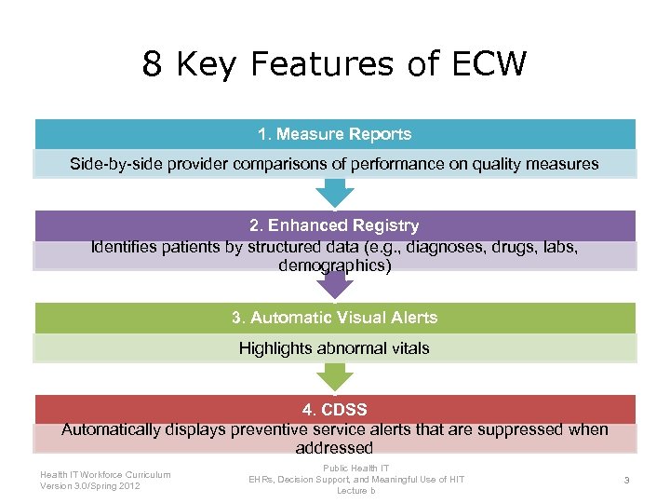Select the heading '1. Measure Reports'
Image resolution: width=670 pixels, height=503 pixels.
tap(334, 134)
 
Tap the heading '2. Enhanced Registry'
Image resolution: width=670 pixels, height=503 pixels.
tap(334, 225)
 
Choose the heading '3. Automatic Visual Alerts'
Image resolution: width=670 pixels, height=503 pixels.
tap(334, 318)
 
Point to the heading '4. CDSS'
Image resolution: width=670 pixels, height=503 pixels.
tap(334, 410)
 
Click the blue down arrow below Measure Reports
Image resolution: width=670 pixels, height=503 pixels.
tap(335, 192)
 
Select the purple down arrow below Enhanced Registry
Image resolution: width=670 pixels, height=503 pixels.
tap(335, 284)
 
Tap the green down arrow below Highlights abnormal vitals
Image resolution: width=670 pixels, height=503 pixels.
tap(335, 376)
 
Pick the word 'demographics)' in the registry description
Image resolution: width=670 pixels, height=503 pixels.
tap(335, 265)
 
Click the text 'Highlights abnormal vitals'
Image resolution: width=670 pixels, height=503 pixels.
tap(335, 348)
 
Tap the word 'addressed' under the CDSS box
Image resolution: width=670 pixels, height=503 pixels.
tap(334, 448)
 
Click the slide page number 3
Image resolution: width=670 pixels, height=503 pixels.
tap(627, 480)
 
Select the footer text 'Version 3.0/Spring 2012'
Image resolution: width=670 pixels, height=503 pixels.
tap(91, 486)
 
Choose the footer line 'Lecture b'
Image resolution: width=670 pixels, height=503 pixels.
tap(356, 490)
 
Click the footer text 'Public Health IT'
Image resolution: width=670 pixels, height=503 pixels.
tap(356, 468)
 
